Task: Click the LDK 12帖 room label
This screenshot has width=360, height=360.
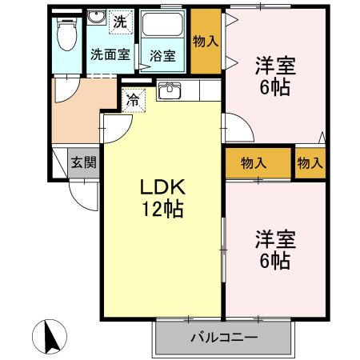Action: [x=163, y=198]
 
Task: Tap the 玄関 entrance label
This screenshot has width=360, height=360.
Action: [x=83, y=163]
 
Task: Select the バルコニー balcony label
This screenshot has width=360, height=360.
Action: [x=223, y=337]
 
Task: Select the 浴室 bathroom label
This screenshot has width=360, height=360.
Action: [x=163, y=56]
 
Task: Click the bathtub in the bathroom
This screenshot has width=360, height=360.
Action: [x=165, y=30]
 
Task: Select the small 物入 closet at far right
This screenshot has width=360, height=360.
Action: [x=310, y=163]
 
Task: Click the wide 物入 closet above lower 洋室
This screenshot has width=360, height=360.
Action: [x=254, y=163]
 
